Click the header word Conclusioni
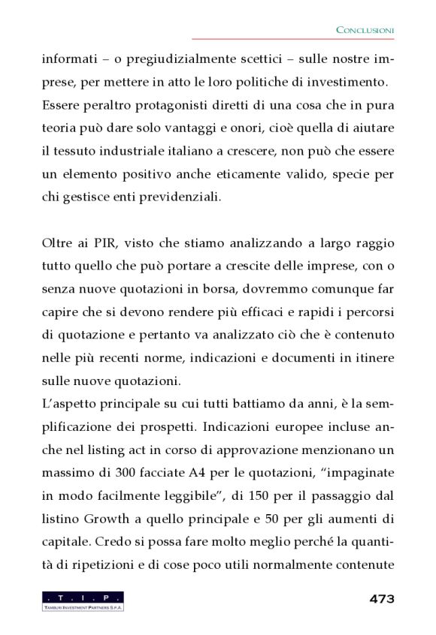pos(365,29)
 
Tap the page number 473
pos(382,598)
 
